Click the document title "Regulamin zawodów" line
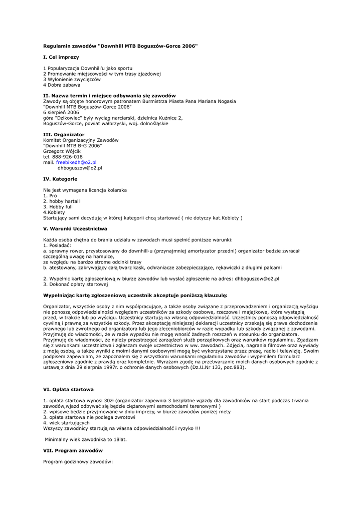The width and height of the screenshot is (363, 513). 120,46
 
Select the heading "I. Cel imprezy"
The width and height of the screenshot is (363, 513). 61,57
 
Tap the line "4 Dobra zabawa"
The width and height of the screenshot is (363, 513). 62,85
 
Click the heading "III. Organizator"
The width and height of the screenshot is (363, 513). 64,134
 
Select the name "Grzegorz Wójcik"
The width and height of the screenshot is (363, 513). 62,151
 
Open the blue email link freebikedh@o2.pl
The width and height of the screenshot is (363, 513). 76,162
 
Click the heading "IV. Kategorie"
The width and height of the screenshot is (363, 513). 60,179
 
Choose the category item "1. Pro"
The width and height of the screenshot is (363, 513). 50,196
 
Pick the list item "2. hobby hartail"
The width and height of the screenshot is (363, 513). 61,201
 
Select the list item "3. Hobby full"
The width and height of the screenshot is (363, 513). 58,207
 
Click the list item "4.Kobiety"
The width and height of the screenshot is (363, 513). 54,212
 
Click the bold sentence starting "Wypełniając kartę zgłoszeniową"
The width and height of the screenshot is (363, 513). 135,295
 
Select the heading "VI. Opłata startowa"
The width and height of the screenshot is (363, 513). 68,389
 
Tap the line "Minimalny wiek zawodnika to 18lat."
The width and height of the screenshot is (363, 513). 86,439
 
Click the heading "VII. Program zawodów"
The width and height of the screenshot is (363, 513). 73,450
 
